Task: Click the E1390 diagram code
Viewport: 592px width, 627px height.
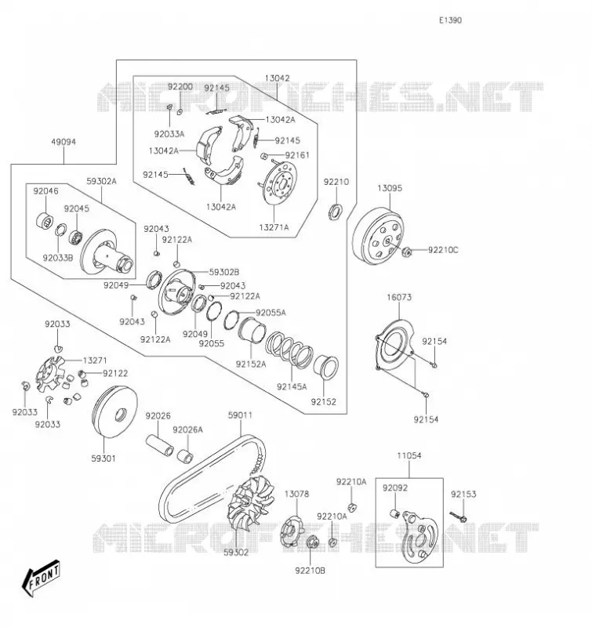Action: (x=450, y=20)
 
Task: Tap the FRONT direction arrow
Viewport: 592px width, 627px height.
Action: (x=42, y=578)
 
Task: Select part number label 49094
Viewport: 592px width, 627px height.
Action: (x=64, y=142)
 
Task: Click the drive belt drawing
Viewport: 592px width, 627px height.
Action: (x=212, y=478)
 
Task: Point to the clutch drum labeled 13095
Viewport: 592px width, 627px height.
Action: (x=378, y=236)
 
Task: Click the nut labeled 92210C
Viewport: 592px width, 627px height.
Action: (x=406, y=252)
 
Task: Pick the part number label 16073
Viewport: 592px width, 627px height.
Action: (x=399, y=297)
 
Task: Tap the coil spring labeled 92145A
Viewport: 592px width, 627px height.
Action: (x=289, y=350)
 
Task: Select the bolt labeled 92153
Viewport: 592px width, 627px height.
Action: (x=458, y=516)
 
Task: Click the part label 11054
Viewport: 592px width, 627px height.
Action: (x=409, y=455)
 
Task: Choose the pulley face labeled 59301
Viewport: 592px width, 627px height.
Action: (x=114, y=412)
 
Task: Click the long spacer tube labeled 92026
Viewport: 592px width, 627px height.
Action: (x=159, y=445)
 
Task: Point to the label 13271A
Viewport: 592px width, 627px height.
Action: (x=274, y=227)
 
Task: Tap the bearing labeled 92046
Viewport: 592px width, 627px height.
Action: (x=45, y=221)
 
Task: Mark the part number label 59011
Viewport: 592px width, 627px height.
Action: (x=240, y=415)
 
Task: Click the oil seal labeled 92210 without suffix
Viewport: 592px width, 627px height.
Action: (x=335, y=212)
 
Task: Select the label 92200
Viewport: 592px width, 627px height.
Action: (x=180, y=87)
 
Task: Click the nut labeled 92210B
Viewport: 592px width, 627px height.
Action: (x=312, y=543)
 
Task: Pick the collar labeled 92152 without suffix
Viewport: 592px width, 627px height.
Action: (x=325, y=366)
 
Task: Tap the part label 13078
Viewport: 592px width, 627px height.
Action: (x=296, y=495)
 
